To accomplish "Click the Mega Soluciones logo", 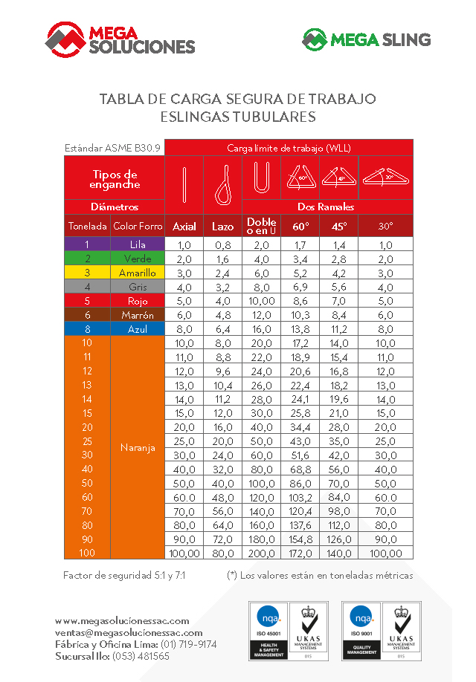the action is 120,39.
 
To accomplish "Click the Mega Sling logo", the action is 366,39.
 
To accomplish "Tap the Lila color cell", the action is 138,244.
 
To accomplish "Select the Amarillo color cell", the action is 138,273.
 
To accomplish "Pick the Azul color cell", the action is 138,329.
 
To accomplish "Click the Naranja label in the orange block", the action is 138,448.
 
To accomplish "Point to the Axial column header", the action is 184,226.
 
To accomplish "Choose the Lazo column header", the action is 222,226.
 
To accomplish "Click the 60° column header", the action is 301,226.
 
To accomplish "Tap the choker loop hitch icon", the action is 222,184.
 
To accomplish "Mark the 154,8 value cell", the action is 301,539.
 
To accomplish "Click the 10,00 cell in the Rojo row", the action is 261,301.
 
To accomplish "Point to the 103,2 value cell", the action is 301,496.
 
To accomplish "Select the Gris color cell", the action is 138,287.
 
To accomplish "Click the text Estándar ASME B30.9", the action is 112,148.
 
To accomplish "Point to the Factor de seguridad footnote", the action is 124,575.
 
